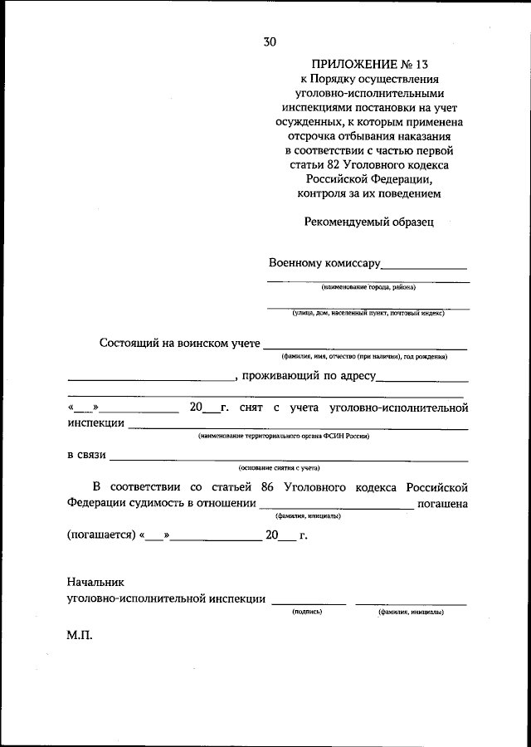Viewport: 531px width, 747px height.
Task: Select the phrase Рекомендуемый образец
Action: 368,222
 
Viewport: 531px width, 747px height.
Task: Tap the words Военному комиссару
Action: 324,263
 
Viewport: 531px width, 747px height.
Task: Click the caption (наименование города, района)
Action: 368,287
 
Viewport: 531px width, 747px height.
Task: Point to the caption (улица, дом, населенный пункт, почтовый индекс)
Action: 368,313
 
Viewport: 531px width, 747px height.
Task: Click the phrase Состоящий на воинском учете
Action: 179,343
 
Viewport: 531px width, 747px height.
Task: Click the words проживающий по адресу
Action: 308,376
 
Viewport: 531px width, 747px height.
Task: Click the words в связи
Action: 85,455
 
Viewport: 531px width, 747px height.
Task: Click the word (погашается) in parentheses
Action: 100,535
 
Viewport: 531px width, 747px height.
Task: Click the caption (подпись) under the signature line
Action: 307,612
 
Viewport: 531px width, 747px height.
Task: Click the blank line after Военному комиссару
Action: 423,266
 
